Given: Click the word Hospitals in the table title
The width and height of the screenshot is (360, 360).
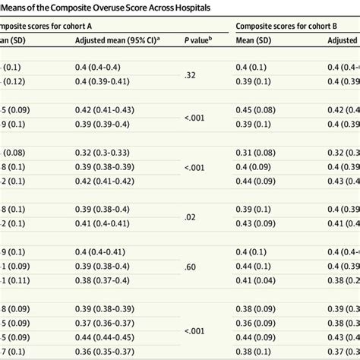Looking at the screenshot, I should (186, 7).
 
